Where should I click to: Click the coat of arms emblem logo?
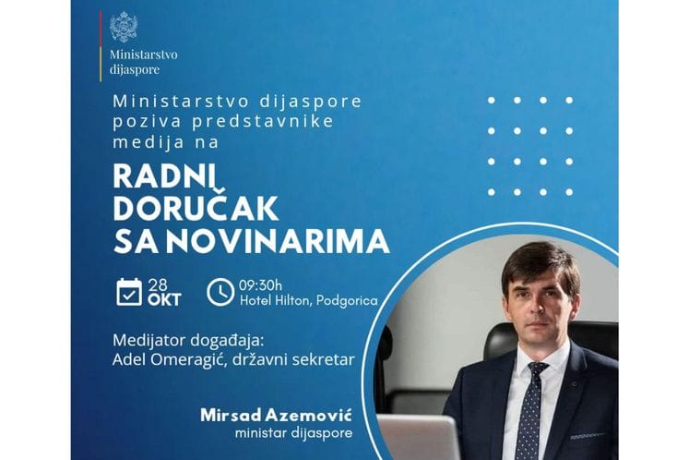123,27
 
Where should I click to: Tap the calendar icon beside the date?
130,291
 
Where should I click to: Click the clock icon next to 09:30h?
220,291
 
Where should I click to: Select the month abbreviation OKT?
165,300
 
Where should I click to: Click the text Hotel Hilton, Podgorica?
308,301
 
